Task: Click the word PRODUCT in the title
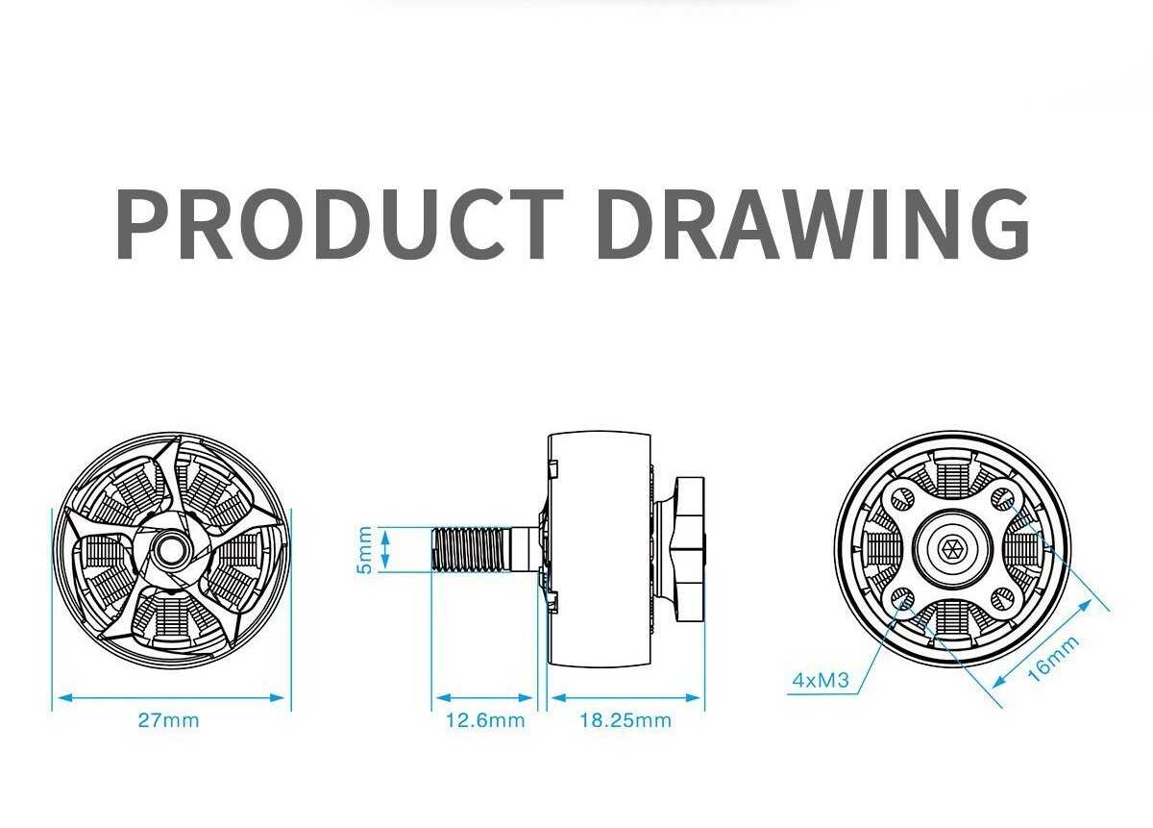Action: [340, 224]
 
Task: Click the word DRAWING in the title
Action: [813, 224]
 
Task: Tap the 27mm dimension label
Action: [168, 720]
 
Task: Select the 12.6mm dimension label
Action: [485, 720]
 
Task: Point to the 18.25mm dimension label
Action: [626, 720]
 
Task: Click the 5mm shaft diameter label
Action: [364, 550]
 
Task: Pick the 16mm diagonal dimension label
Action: [1053, 659]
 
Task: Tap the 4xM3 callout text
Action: [821, 680]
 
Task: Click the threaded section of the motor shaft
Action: [470, 549]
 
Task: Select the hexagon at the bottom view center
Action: [952, 549]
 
